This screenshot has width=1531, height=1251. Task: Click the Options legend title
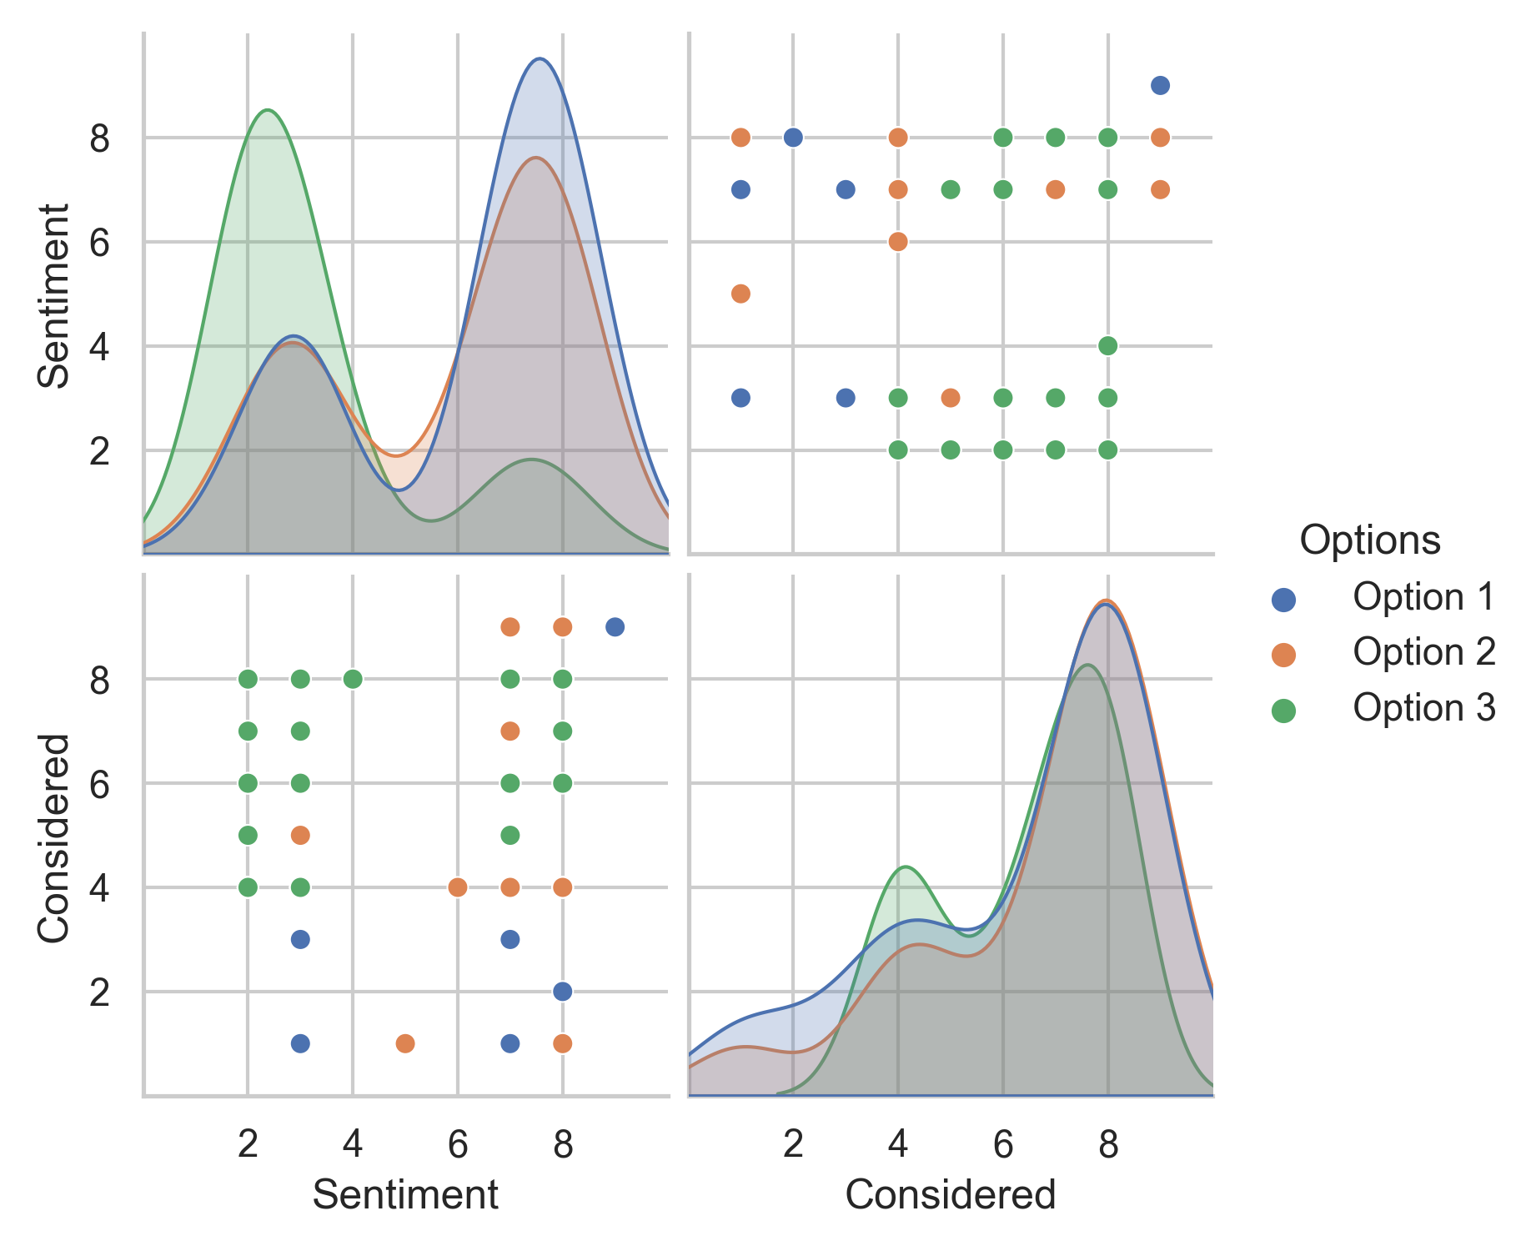(x=1369, y=540)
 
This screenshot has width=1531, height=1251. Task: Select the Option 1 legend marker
(x=1283, y=599)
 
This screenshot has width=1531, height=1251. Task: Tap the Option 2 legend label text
(x=1424, y=652)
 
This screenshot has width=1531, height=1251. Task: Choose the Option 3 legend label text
(x=1424, y=708)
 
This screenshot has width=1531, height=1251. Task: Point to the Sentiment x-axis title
(x=405, y=1195)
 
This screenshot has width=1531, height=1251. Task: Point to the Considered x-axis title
(x=950, y=1195)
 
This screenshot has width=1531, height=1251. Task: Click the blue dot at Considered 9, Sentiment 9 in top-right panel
(x=1160, y=85)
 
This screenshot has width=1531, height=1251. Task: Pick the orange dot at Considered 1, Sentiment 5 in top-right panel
(x=740, y=294)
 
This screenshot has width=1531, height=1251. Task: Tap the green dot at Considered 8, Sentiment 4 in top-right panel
(x=1107, y=345)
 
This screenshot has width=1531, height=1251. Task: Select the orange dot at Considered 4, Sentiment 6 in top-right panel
(x=898, y=242)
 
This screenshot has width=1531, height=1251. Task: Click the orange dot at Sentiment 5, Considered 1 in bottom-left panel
(x=405, y=1043)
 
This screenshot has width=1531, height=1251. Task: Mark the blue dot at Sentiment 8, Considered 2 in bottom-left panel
(x=562, y=991)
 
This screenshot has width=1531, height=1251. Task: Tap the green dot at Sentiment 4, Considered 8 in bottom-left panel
(x=353, y=679)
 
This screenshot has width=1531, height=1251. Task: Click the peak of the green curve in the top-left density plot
(x=267, y=110)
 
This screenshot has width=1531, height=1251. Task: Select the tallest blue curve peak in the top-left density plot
(x=540, y=58)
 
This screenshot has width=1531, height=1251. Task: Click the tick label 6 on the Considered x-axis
(x=1002, y=1145)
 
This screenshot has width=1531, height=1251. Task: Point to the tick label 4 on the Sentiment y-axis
(x=99, y=347)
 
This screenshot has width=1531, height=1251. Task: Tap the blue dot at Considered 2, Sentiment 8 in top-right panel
(x=793, y=137)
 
